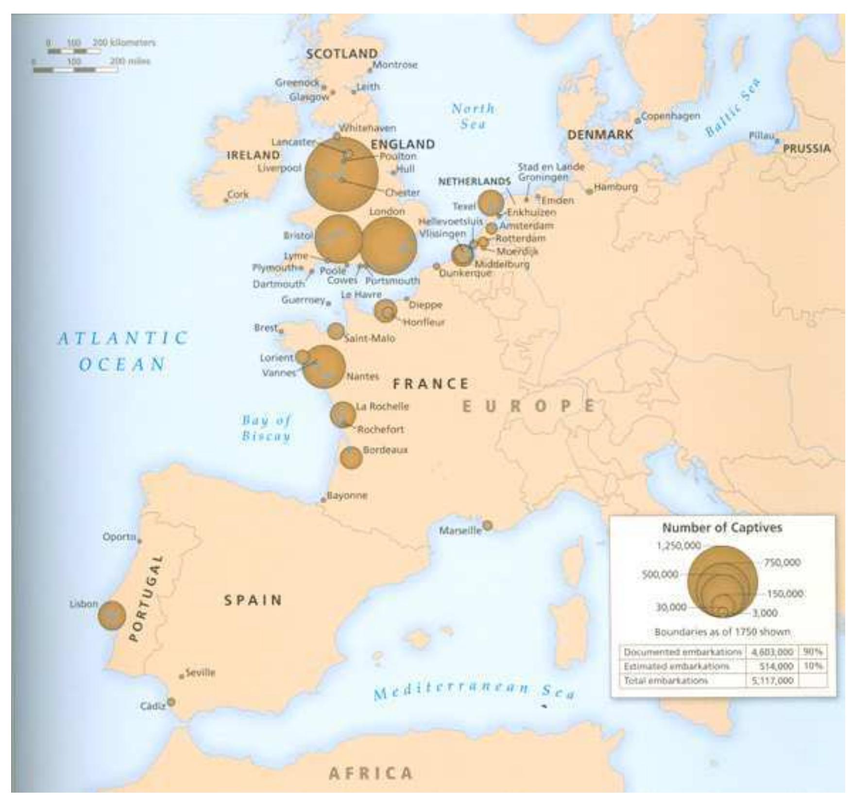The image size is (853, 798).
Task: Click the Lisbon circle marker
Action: click(x=112, y=615)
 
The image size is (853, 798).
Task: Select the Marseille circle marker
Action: click(x=487, y=525)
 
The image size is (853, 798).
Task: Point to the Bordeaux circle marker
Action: click(x=351, y=457)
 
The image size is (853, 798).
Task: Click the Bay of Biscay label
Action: click(x=267, y=428)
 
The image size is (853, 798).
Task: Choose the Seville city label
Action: click(x=200, y=673)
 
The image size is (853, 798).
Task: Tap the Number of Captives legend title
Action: click(x=722, y=527)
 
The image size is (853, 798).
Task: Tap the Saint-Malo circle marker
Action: click(x=336, y=331)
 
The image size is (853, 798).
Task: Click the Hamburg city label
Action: click(x=615, y=187)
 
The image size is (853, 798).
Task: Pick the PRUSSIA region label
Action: click(x=806, y=149)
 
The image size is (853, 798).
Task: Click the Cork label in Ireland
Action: click(x=238, y=194)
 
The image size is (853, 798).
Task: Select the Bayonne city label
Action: click(x=347, y=496)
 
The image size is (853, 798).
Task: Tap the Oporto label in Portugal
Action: click(x=119, y=537)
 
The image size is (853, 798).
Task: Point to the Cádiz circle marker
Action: click(x=171, y=702)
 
